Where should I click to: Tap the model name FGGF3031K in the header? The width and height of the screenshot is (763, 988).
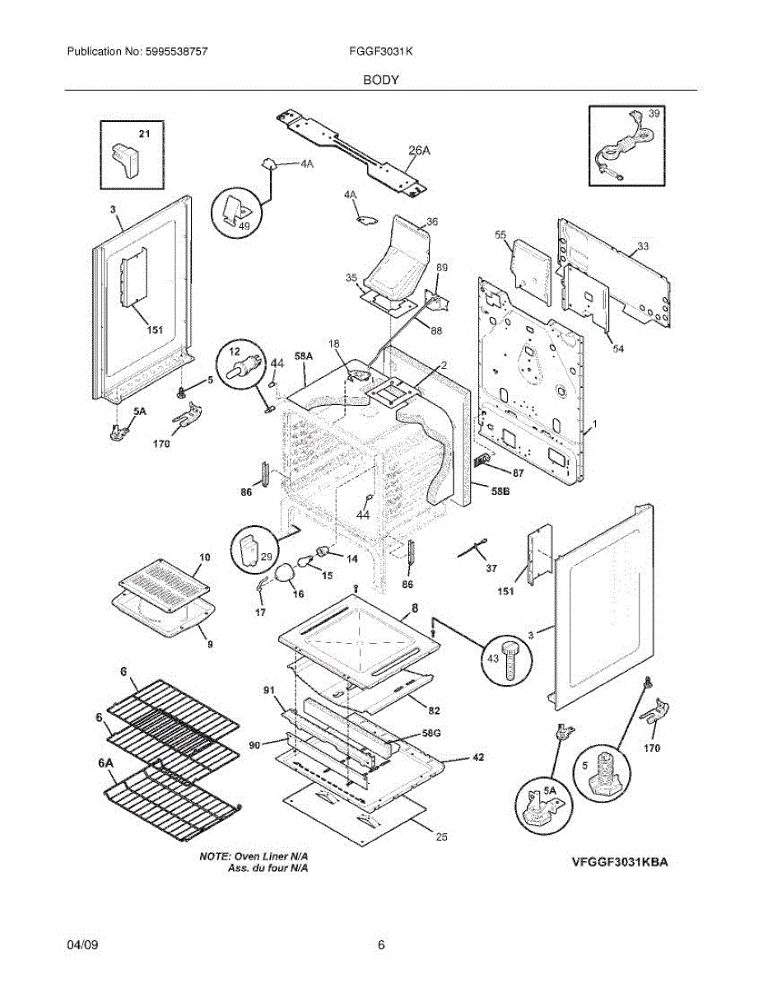pos(380,51)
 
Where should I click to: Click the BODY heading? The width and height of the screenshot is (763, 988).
pos(381,80)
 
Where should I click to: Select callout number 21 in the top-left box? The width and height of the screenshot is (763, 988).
pos(144,133)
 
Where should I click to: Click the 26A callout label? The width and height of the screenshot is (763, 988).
pos(420,150)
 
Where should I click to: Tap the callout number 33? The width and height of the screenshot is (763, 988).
pos(643,246)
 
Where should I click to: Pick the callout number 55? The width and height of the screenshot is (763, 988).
pos(500,235)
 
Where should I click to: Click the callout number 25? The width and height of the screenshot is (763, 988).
pos(441,837)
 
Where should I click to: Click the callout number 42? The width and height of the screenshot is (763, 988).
pos(478,757)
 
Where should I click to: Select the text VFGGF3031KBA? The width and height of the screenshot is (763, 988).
pos(619,862)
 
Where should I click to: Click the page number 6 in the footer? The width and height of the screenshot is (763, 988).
pos(381,945)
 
